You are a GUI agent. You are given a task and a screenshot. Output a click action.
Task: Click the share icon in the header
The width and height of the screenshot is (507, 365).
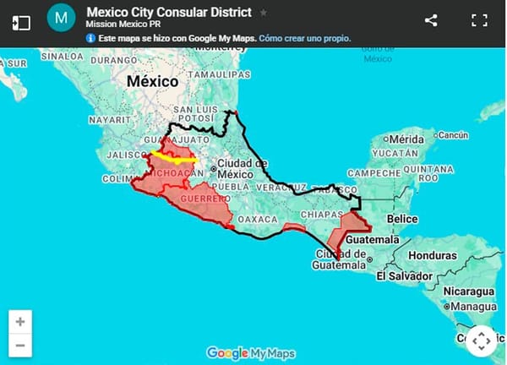click(x=430, y=21)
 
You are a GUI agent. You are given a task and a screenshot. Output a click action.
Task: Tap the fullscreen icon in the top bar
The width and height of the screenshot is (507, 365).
click(x=479, y=21)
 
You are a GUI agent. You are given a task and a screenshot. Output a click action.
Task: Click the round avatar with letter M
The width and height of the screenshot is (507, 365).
click(x=60, y=18)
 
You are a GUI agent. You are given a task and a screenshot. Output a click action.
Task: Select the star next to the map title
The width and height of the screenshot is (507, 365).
click(x=263, y=13)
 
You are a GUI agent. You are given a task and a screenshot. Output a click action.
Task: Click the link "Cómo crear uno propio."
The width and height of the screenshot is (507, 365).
click(x=305, y=38)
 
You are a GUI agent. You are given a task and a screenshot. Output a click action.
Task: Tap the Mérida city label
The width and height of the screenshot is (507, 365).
click(x=404, y=139)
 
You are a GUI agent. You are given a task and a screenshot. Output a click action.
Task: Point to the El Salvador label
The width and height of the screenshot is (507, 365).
click(x=405, y=275)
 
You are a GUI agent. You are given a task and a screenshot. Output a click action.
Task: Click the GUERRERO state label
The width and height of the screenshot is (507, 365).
click(x=204, y=199)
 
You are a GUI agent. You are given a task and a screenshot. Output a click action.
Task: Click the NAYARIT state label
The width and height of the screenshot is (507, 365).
click(x=107, y=121)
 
